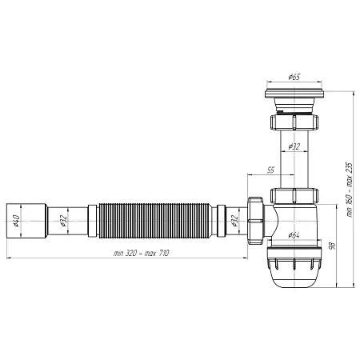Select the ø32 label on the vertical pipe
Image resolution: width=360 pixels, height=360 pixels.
pyautogui.click(x=294, y=146)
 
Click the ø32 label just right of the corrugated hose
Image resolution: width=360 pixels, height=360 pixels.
pyautogui.click(x=234, y=219)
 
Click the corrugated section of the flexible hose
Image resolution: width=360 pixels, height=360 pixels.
pyautogui.click(x=152, y=219)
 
